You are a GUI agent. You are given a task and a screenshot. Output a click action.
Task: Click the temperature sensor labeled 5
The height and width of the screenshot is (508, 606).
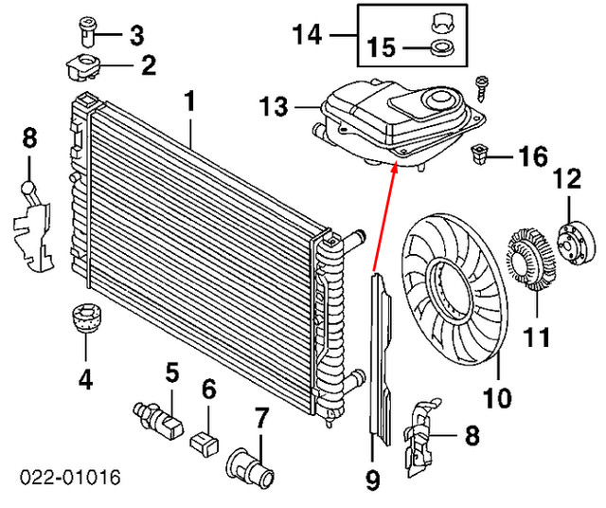(x=153, y=416)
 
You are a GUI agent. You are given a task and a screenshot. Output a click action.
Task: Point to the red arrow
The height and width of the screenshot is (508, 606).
(x=384, y=214)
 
